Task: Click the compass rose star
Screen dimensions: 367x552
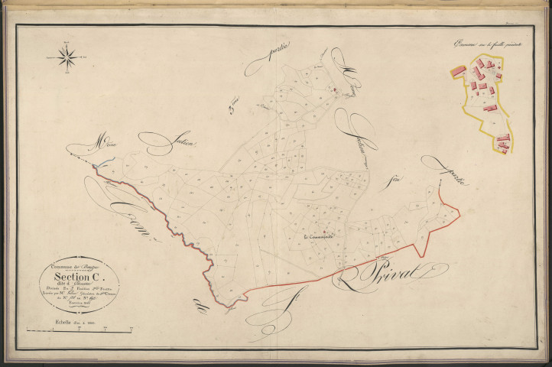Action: click(67, 57)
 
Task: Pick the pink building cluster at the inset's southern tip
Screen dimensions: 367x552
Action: click(502, 140)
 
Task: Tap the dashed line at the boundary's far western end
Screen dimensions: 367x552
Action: click(80, 157)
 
